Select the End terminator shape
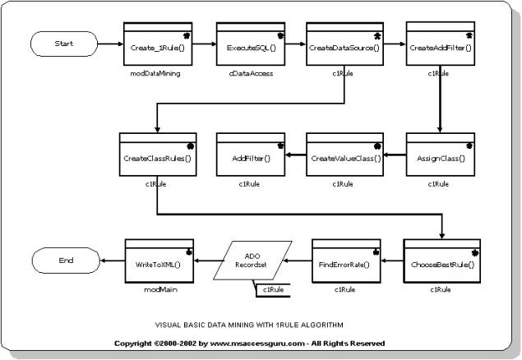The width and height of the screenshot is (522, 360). [66, 261]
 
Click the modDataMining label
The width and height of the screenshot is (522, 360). [156, 74]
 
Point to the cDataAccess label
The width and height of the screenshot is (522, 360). [250, 74]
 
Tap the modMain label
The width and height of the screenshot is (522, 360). [157, 290]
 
